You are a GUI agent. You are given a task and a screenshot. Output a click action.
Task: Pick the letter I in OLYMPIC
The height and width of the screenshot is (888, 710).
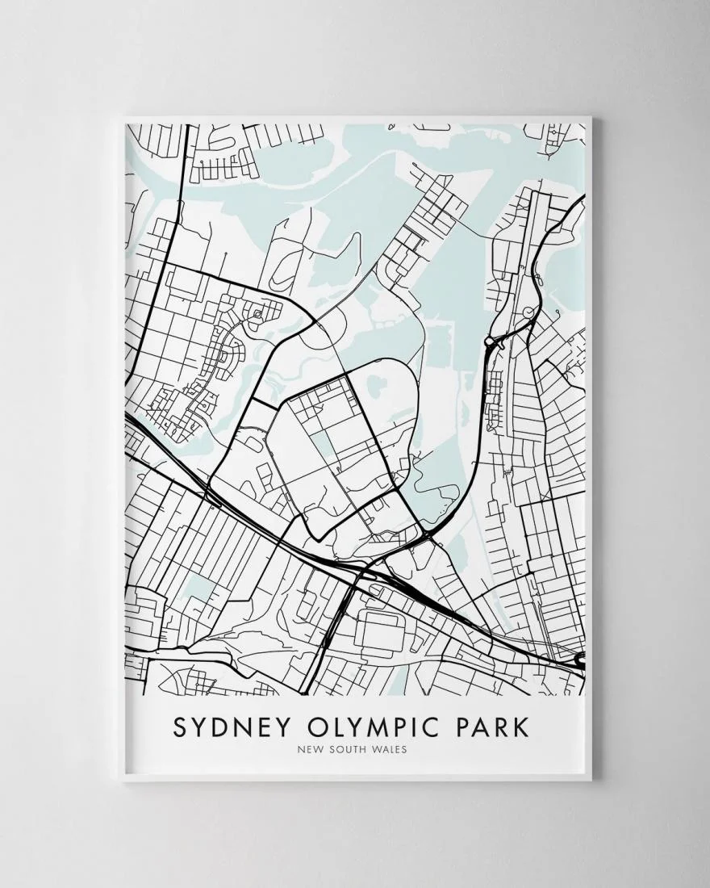409,726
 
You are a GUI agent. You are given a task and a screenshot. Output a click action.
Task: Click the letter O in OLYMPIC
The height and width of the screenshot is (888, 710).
303,726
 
